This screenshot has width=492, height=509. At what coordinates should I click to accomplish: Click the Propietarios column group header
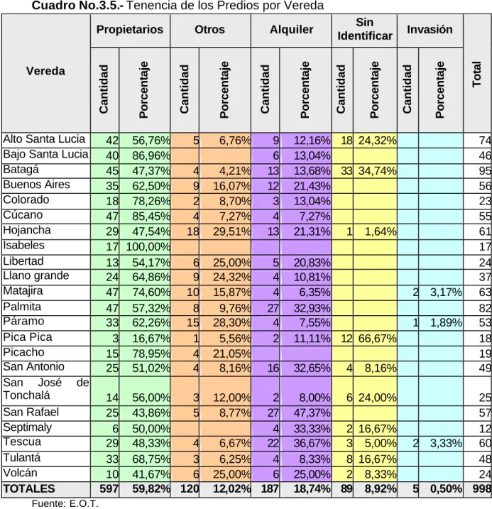130,30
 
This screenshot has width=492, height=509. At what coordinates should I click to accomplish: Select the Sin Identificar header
365,29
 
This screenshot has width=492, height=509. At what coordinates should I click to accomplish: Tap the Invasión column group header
430,29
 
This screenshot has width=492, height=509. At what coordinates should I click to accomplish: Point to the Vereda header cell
45,71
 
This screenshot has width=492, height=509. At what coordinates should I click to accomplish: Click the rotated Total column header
476,74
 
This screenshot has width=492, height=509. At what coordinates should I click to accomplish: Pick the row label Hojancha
27,230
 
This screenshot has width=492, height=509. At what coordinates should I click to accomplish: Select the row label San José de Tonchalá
45,389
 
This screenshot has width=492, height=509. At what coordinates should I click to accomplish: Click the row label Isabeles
23,245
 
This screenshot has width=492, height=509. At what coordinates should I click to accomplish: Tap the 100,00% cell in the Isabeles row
148,247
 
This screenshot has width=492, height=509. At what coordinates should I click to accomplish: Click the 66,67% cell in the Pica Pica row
377,339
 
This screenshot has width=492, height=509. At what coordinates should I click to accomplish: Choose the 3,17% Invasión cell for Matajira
446,292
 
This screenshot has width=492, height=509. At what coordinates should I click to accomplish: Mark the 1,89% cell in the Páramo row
446,323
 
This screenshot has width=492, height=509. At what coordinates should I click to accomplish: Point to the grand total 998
481,489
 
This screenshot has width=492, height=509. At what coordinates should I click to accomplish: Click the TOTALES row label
29,489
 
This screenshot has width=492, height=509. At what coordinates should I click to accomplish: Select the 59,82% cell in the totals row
151,489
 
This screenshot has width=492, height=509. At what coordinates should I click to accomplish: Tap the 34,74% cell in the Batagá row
377,171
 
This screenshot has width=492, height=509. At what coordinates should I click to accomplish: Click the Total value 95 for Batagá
485,171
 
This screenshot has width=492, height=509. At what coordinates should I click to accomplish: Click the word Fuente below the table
48,503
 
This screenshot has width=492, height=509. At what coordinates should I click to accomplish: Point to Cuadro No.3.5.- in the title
77,6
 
